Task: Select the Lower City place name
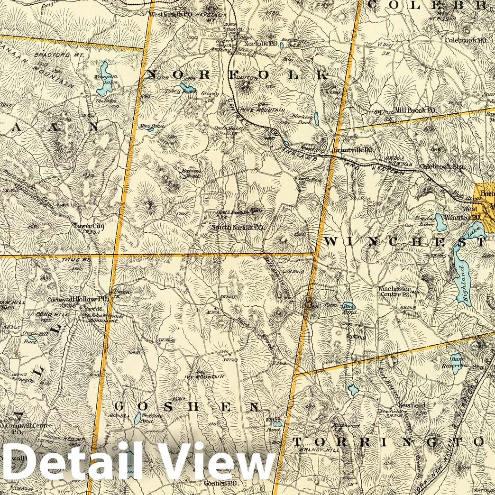click(89, 226)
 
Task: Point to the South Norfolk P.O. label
click(237, 227)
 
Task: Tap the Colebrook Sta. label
click(442, 167)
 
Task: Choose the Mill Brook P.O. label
click(415, 110)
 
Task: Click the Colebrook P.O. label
click(467, 40)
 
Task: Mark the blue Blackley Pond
click(316, 119)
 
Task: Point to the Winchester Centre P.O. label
click(394, 291)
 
